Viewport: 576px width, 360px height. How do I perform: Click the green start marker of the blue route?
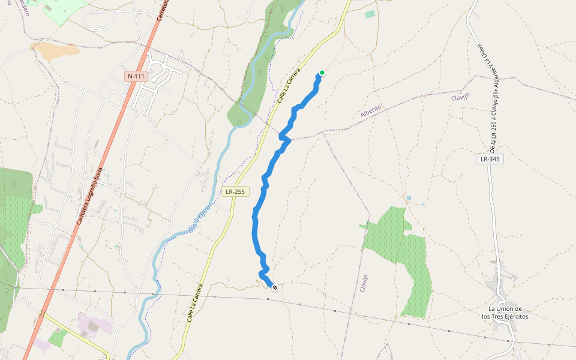coord(322,73)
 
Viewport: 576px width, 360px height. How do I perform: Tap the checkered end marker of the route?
coord(275,288)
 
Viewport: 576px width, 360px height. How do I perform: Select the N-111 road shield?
coord(136,76)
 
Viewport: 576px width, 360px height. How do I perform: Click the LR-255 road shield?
coord(235,192)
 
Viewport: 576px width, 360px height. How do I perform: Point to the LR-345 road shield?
coord(490,159)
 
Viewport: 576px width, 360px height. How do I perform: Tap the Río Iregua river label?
coord(200,218)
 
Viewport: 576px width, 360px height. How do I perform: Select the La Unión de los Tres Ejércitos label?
coord(505,313)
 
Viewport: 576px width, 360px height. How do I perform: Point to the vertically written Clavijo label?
coord(364,283)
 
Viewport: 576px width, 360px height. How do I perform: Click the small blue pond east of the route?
coord(409,197)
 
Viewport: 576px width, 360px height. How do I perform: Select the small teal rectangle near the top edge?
coord(370,14)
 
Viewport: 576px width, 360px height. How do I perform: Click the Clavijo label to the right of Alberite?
coord(460,96)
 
